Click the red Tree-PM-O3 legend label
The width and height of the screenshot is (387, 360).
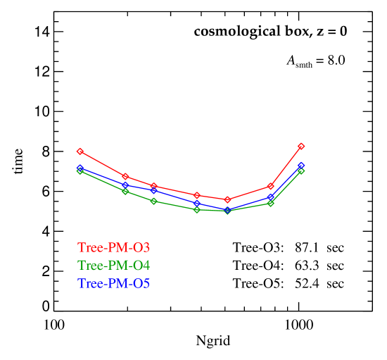pos(113,248)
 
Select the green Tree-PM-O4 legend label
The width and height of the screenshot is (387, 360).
pos(113,266)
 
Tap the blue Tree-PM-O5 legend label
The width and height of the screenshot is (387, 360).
pos(113,284)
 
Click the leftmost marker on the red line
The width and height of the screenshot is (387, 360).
pos(80,151)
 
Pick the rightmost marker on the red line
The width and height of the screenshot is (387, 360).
pos(301,146)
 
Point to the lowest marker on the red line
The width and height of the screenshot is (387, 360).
pos(227,200)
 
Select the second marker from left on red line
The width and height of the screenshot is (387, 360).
pos(125,177)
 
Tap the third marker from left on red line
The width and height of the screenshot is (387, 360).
pos(153,186)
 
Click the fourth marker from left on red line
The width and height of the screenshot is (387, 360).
pos(197,195)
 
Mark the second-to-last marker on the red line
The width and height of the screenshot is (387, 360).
pos(270,187)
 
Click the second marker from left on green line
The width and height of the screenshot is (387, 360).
pos(125,192)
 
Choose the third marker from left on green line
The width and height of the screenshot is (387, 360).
pos(153,201)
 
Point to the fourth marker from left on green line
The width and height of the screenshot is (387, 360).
pos(197,210)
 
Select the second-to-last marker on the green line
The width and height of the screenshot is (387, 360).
pos(270,204)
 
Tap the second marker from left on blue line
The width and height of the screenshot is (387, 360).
pos(125,185)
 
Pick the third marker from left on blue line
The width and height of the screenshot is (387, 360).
pos(153,190)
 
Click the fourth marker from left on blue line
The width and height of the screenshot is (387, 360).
pos(197,204)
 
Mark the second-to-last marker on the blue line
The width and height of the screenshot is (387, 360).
pos(270,197)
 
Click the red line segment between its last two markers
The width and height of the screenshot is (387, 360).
pos(286,166)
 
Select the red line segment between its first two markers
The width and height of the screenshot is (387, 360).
pos(103,164)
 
